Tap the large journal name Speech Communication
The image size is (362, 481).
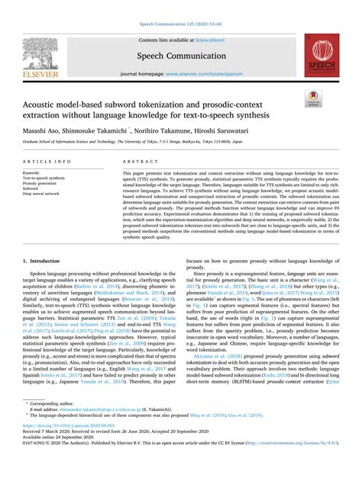(181, 56)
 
